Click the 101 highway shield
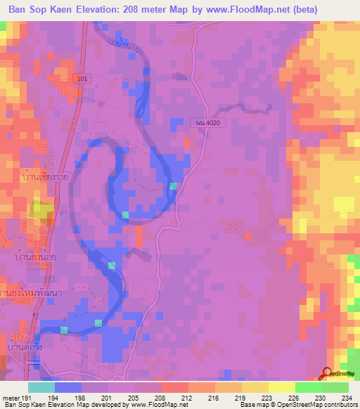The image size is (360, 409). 84,79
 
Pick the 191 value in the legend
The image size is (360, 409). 28,398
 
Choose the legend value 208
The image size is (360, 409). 161,398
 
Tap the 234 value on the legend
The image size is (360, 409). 347,398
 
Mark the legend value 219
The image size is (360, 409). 241,398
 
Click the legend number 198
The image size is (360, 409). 82,398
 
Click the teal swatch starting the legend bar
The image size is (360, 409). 41,387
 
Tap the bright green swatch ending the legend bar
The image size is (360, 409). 335,387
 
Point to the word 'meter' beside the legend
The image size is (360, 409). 11,398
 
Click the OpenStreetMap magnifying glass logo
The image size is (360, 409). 326,374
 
